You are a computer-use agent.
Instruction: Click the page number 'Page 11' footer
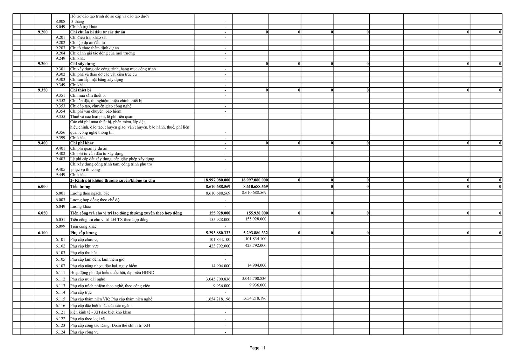[x=257, y=348]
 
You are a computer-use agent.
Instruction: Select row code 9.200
[x=43, y=32]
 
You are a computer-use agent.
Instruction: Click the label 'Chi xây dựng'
[x=82, y=64]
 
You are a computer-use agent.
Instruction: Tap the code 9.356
[x=60, y=132]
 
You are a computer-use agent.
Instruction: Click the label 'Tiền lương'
[x=80, y=187]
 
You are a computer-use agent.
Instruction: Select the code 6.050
[x=43, y=213]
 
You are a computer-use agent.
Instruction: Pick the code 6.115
[x=60, y=299]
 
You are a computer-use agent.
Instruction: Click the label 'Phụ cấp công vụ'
[x=84, y=332]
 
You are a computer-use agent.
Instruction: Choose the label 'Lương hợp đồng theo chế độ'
[x=95, y=200]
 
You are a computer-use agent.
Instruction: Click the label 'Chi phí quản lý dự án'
[x=89, y=148]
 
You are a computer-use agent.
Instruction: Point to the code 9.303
[x=60, y=80]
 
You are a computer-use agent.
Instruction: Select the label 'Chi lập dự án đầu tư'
[x=88, y=43]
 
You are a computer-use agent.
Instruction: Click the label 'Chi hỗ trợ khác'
[x=83, y=27]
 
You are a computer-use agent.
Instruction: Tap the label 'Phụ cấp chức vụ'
[x=85, y=239]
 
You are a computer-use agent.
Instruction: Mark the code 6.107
[x=60, y=266]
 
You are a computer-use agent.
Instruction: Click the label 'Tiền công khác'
[x=83, y=226]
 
